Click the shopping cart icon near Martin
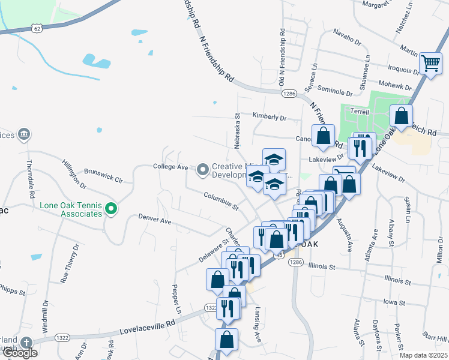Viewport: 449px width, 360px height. tap(430, 63)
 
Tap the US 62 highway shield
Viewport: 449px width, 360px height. tap(37, 28)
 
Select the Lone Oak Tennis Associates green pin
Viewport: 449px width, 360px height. tap(110, 209)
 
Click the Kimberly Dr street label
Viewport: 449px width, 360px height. tap(270, 117)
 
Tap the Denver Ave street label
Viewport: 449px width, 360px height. tap(155, 220)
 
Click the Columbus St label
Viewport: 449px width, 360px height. tap(221, 200)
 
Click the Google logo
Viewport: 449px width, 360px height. tap(19, 353)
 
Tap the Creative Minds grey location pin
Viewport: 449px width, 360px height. tap(203, 170)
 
